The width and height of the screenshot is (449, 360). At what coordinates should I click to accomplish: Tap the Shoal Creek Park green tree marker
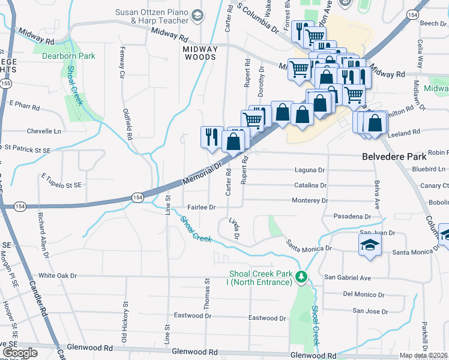(304, 277)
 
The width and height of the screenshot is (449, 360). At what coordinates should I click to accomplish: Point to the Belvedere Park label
(394, 156)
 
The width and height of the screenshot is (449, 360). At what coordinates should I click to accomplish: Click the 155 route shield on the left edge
(5, 85)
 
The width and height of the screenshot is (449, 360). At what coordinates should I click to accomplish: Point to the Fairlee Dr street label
(202, 207)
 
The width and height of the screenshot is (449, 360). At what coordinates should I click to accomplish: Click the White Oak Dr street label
(59, 276)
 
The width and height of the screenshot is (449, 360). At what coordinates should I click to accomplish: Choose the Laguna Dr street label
(310, 170)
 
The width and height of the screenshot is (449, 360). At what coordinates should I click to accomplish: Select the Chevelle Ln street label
(44, 131)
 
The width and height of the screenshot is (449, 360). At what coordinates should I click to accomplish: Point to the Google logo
(20, 352)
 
